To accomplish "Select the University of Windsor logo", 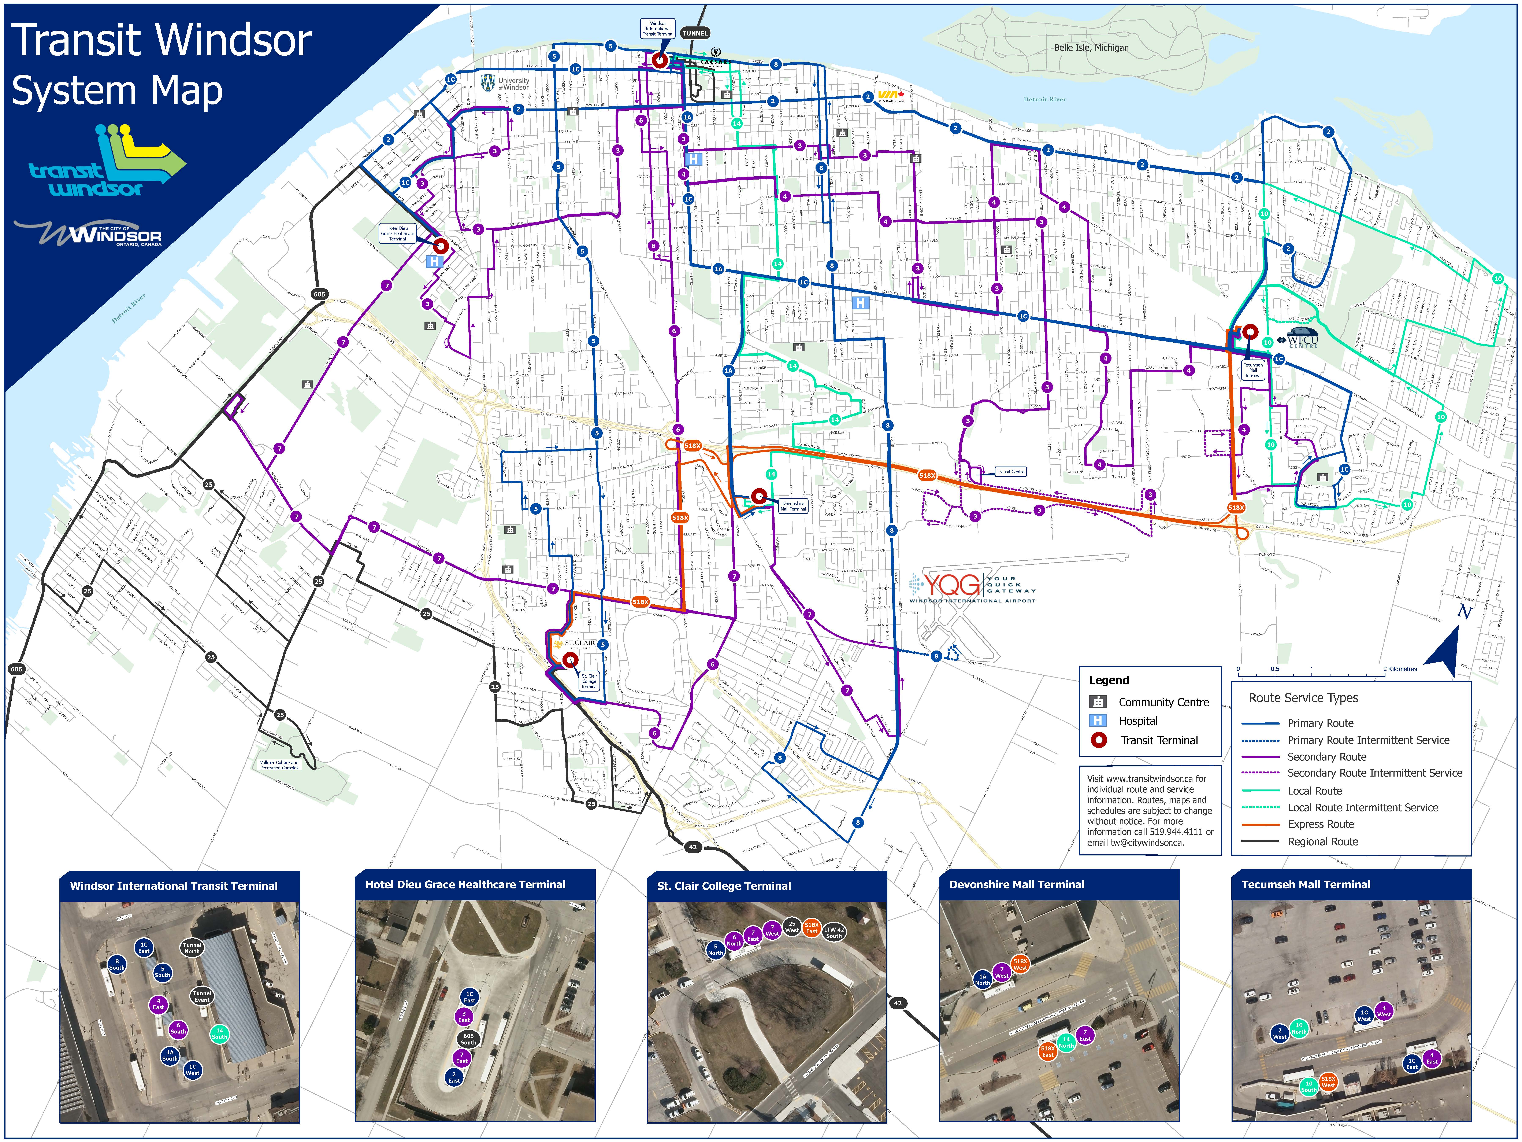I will click(506, 83).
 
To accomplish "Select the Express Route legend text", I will click(1320, 824).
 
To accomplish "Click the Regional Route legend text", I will click(1322, 841).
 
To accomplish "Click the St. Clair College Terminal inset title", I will click(723, 886).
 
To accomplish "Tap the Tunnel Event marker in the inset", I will click(202, 996).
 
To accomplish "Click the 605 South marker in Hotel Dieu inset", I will click(468, 1039).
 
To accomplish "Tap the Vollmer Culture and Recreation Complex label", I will click(279, 765).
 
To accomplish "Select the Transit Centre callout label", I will click(1010, 472).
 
